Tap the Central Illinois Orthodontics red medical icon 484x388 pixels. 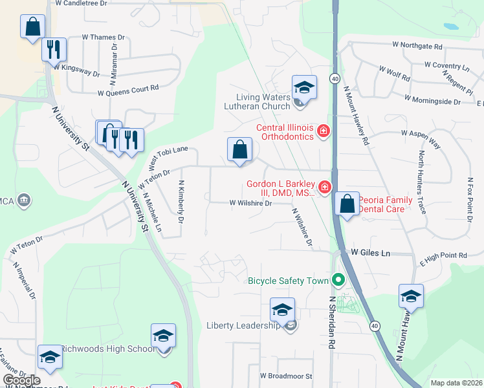pos(324,133)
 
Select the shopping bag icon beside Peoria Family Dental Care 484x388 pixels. pos(347,204)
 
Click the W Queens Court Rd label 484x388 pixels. pos(127,90)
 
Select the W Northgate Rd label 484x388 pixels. pos(417,47)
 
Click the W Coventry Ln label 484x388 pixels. pos(446,65)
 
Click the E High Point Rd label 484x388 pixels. pos(443,257)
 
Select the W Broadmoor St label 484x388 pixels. pos(286,376)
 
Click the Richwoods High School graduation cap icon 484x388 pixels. pos(163,336)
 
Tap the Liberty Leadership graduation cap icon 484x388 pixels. pos(282,310)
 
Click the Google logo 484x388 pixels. pos(21,380)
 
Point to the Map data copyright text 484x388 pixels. pos(456,383)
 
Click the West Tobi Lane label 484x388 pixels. pos(163,157)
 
